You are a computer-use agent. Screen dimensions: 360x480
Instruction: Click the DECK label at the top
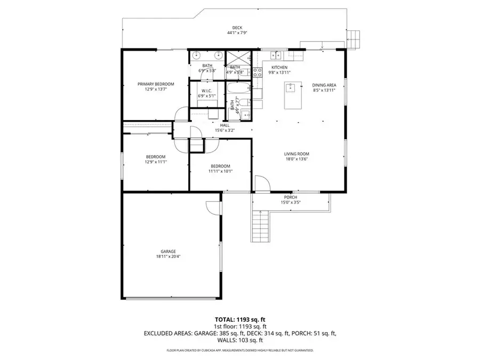click(237, 28)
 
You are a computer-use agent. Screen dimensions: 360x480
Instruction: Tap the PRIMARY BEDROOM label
click(156, 84)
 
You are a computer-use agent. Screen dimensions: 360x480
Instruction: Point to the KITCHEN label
click(279, 67)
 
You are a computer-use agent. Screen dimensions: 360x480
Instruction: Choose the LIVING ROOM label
click(297, 154)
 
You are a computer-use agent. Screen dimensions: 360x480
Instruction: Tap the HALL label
click(225, 125)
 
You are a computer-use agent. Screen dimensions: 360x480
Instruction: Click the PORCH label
click(291, 197)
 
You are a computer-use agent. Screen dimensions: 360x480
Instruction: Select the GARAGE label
click(169, 251)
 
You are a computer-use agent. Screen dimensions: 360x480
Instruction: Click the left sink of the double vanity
click(196, 55)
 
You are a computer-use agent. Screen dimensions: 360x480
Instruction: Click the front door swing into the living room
click(261, 185)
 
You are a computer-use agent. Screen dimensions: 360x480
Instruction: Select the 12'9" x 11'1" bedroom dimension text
click(156, 162)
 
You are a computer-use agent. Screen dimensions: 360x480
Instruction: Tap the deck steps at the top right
click(353, 38)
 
